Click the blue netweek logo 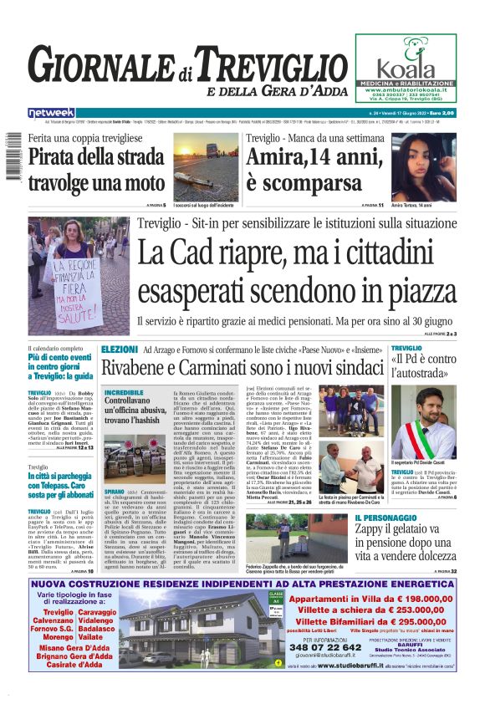[51, 113]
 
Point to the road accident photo [206, 164]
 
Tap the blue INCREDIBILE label [124, 391]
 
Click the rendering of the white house [195, 630]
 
